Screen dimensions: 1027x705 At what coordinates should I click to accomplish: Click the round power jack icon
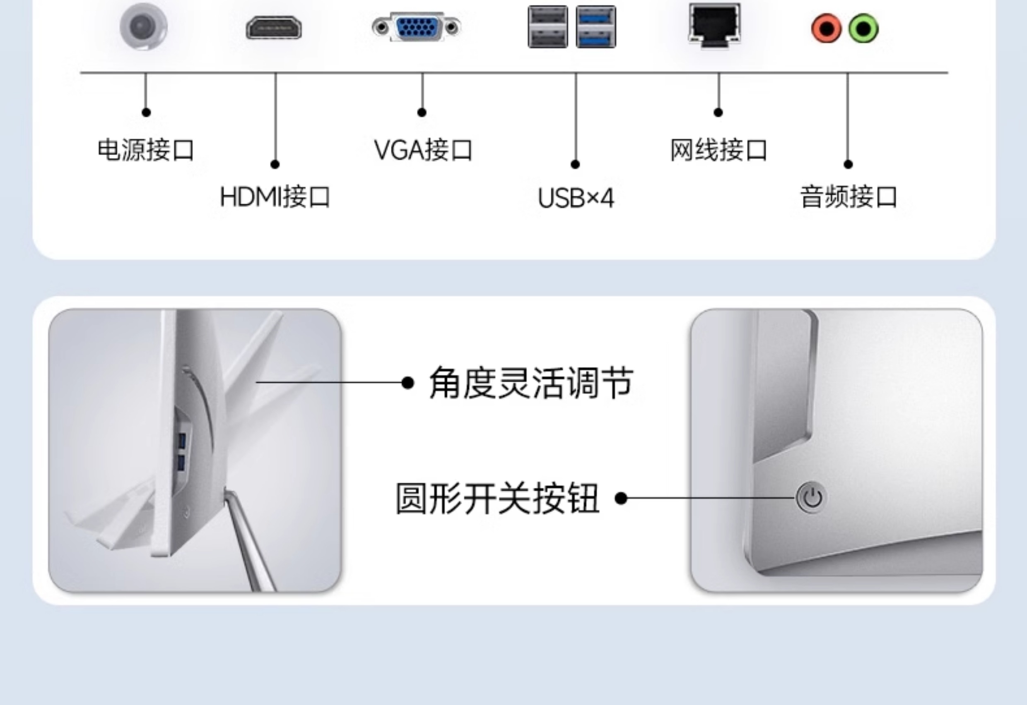144,26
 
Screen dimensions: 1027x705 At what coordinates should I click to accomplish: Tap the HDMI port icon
274,28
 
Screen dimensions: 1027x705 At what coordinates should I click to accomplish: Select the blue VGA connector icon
417,27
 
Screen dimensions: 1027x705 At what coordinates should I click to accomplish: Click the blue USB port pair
595,26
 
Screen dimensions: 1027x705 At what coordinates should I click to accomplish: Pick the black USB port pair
548,26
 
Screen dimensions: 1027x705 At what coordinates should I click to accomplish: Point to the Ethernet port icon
714,24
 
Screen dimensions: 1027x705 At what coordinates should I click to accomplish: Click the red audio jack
826,29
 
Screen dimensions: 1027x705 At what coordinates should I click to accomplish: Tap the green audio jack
863,29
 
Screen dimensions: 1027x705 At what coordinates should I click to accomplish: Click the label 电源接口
145,150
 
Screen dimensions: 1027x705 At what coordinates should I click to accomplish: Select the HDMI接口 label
275,197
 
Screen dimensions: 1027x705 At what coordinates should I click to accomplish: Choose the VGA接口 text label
423,150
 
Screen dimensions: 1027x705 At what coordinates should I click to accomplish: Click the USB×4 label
576,198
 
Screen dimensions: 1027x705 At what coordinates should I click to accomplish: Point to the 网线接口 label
718,150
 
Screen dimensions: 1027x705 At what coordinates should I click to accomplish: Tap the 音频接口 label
849,197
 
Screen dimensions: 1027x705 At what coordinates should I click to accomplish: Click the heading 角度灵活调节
531,383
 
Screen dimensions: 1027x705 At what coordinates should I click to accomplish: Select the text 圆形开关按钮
497,498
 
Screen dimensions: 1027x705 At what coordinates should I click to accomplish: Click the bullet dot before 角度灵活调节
407,383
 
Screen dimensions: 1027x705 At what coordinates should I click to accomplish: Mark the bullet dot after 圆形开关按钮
621,499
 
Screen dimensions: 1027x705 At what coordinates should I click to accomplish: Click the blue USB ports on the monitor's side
181,451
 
